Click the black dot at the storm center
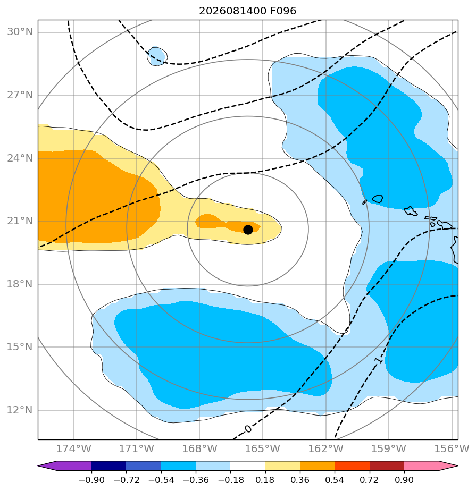pyautogui.click(x=248, y=230)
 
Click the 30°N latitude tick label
pyautogui.click(x=20, y=32)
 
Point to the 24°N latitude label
pyautogui.click(x=20, y=158)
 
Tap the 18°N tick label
pyautogui.click(x=20, y=284)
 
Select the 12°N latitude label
pyautogui.click(x=20, y=410)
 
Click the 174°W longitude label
pyautogui.click(x=73, y=448)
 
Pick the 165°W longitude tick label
pyautogui.click(x=263, y=448)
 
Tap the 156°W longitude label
pyautogui.click(x=452, y=448)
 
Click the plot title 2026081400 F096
pyautogui.click(x=247, y=11)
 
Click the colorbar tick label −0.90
pyautogui.click(x=91, y=480)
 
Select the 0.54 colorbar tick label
pyautogui.click(x=335, y=480)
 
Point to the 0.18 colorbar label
pyautogui.click(x=265, y=480)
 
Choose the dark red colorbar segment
pyautogui.click(x=387, y=465)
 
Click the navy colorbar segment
pyautogui.click(x=108, y=465)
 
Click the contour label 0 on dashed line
pyautogui.click(x=248, y=429)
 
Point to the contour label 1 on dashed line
pyautogui.click(x=379, y=360)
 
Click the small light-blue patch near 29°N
pyautogui.click(x=157, y=56)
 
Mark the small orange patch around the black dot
pyautogui.click(x=227, y=224)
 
